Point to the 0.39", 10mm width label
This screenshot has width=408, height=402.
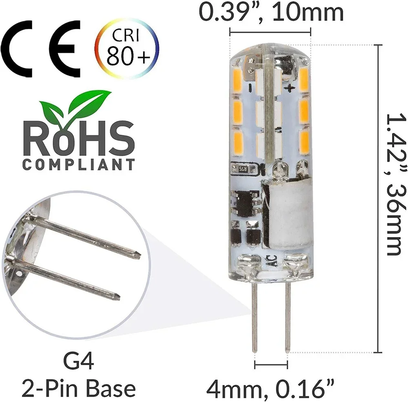[x=271, y=13]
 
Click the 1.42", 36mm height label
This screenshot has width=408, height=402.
[x=395, y=183]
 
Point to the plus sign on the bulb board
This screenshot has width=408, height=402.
[x=291, y=87]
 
